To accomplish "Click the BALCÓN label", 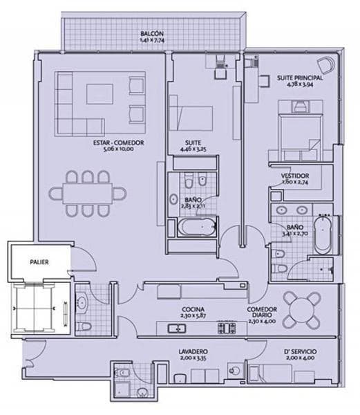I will point(151,33).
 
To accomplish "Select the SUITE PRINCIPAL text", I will point(300,79).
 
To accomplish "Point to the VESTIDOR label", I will point(295,176).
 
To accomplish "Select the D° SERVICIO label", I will point(299,351).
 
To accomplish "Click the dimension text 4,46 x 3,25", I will point(195,149).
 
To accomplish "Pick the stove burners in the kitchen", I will point(226,327).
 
